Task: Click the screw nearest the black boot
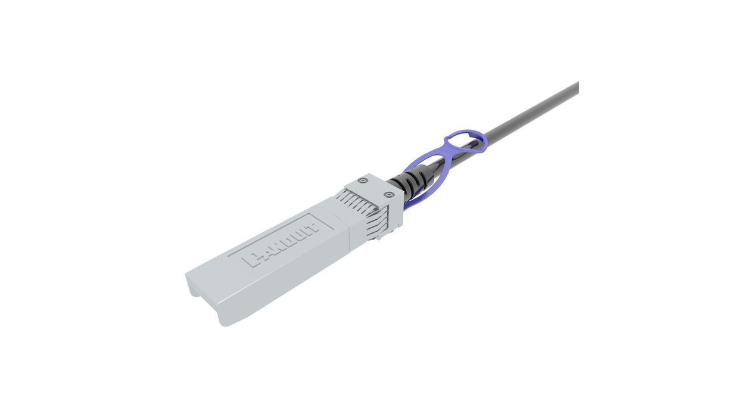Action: [389, 194]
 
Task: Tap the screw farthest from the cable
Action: [362, 182]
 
